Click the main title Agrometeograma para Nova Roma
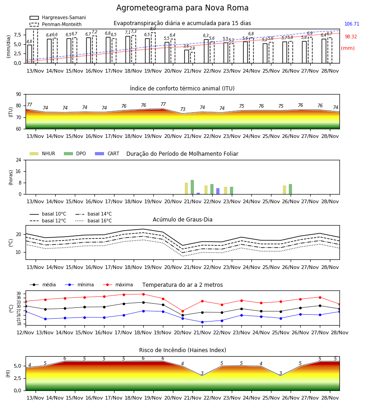point(182,8)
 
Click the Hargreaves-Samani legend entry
point(57,17)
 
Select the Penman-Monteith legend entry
point(56,24)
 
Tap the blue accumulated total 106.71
point(352,24)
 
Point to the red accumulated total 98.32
point(351,37)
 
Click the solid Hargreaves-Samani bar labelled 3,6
point(187,56)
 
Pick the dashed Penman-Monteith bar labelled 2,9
point(193,58)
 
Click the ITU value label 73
point(182,109)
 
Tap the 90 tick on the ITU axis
point(19,95)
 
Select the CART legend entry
point(107,153)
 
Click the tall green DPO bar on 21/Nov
point(192,187)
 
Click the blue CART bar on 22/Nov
point(218,191)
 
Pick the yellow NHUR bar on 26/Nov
point(284,190)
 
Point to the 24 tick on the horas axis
point(19,160)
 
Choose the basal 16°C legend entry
point(94,221)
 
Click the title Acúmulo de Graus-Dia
point(182,220)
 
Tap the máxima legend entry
point(118,285)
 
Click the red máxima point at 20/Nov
point(182,311)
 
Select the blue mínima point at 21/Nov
point(202,322)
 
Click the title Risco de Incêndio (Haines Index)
point(182,350)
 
